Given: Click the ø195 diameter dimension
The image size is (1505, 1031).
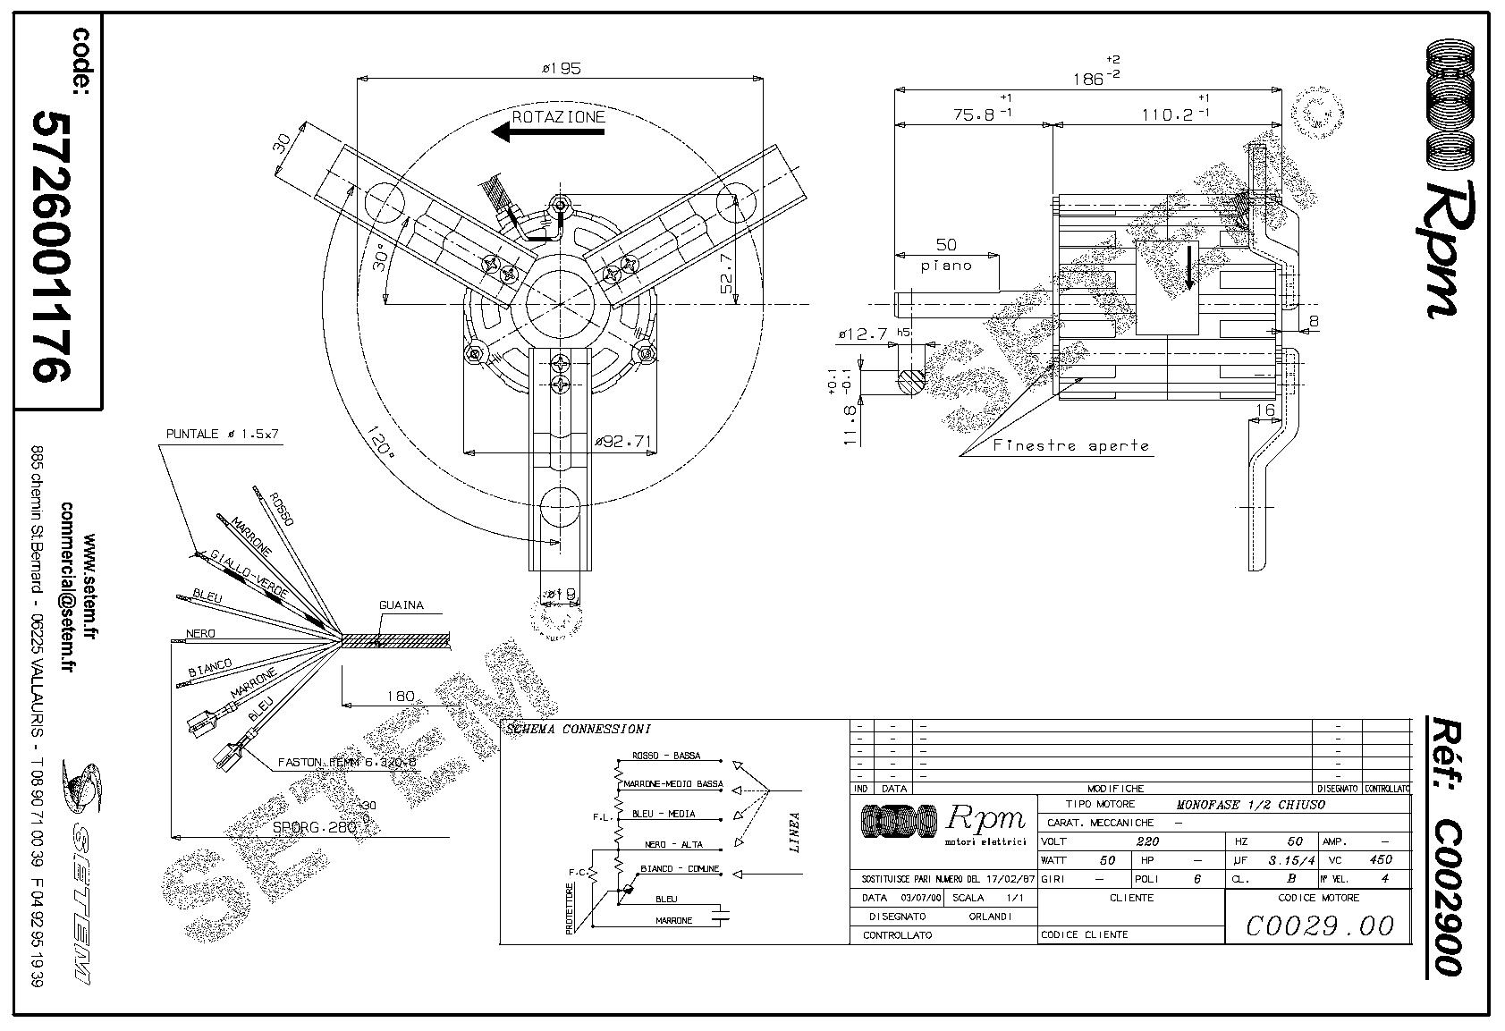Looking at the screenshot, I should coord(561,68).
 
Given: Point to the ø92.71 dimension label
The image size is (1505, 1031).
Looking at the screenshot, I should coord(624,441).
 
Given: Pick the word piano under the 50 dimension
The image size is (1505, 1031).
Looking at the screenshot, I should coord(946,266).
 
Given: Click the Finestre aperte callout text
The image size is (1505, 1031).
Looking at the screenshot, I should coord(1070,445).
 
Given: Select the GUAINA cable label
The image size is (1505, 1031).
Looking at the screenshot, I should coord(401,605).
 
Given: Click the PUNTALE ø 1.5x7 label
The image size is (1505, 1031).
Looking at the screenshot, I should coord(223,434).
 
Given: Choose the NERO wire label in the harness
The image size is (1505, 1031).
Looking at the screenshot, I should coord(200,634).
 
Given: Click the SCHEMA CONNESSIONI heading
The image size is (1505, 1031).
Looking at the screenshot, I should coord(579,730).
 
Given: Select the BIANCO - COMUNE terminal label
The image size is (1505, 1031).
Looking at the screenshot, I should coord(681,869).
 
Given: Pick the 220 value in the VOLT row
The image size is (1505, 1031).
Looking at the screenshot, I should coord(1147,841).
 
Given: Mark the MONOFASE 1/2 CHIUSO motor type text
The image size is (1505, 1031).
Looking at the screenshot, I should coord(1250,805).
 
